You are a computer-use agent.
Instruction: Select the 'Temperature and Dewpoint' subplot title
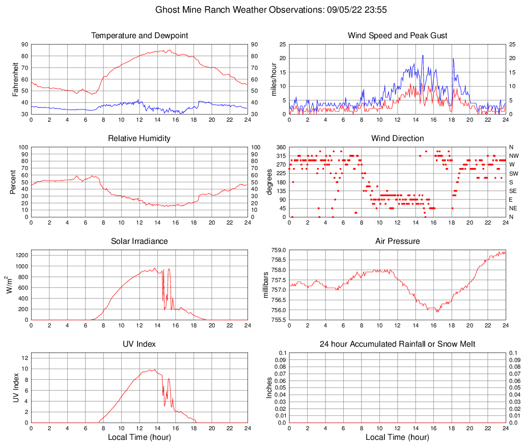140,36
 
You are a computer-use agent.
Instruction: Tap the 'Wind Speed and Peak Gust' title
397,36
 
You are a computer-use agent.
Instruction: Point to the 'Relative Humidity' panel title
140,138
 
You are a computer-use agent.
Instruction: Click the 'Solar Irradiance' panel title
140,241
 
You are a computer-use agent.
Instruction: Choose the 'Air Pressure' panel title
397,241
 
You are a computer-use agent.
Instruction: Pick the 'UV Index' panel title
140,344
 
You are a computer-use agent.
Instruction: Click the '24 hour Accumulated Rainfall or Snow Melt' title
397,344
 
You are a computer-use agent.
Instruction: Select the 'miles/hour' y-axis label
273,79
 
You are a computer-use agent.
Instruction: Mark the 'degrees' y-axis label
269,182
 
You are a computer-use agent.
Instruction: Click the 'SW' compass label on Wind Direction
514,174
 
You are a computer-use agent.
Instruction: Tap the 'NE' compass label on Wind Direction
514,208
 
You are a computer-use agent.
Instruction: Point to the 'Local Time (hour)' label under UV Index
140,437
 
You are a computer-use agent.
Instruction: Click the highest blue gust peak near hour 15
423,55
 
